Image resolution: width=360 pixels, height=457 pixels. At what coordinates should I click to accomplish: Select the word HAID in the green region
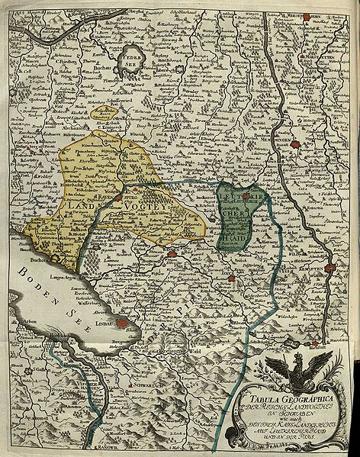235,237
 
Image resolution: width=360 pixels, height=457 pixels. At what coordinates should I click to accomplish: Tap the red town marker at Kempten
329,268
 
